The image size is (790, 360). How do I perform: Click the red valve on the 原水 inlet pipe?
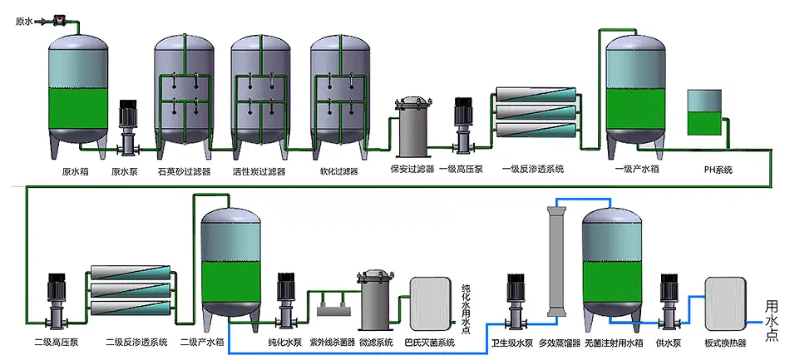click(x=59, y=19)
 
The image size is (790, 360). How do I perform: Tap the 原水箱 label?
click(x=77, y=172)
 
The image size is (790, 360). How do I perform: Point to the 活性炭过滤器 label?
click(x=260, y=172)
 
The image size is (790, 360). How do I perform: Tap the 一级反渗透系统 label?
click(x=533, y=170)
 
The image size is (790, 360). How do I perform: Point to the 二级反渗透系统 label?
click(x=136, y=342)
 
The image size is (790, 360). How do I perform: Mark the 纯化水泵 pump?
click(x=285, y=298)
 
